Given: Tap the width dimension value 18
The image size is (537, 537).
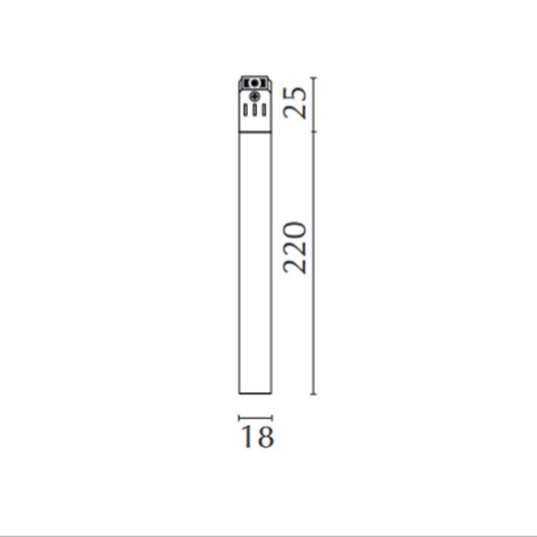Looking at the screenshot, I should [x=256, y=438].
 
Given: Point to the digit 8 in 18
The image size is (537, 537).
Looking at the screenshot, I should [x=264, y=438].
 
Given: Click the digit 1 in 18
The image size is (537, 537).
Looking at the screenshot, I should [x=246, y=438].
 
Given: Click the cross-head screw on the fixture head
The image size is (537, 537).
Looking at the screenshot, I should [x=255, y=96].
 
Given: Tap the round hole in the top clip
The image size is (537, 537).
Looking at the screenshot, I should [x=255, y=83].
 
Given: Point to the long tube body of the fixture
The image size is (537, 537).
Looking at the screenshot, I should [x=255, y=260].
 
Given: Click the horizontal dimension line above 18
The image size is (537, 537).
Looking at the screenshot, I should [x=255, y=417].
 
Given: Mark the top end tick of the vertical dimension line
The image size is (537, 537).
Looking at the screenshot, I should [x=312, y=79].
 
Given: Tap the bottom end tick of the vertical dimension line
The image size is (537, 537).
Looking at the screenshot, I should [x=312, y=394].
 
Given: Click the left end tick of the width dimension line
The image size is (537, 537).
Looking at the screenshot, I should [x=239, y=417].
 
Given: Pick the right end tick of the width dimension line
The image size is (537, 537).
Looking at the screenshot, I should [x=271, y=417].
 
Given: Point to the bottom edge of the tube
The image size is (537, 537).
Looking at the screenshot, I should [x=255, y=393].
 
